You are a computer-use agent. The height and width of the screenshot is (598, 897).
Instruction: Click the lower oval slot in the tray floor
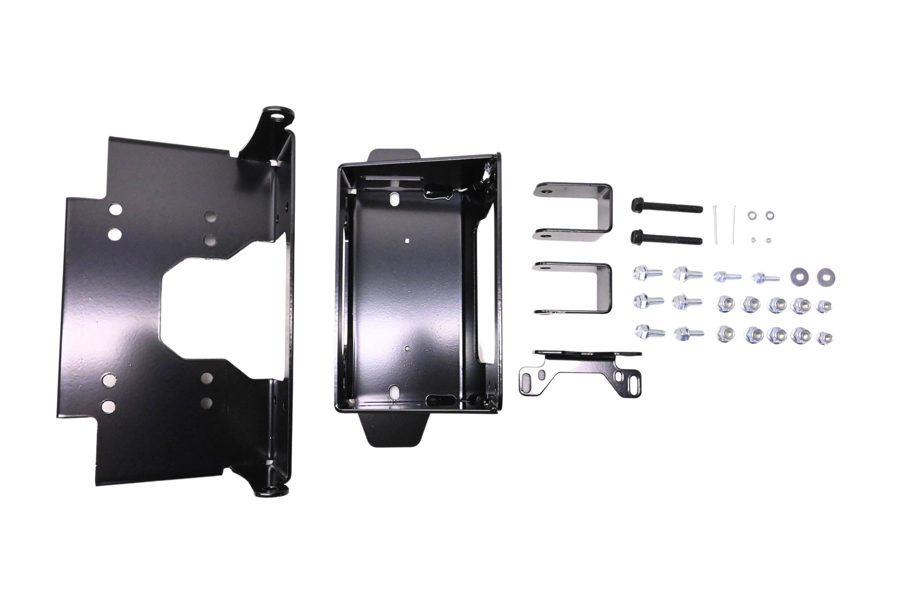394,390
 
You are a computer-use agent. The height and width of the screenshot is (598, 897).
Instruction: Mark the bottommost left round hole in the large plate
108,405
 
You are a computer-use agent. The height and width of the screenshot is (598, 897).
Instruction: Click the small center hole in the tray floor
408,241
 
